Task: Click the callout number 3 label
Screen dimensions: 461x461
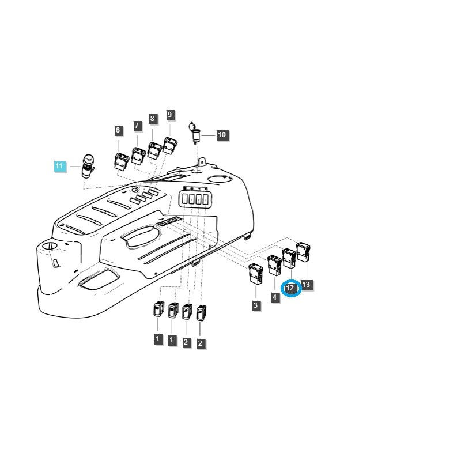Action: click(256, 306)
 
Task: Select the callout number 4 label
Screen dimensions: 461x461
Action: click(275, 297)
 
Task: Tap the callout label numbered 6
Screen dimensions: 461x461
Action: click(118, 131)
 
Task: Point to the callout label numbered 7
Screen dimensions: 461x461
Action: click(137, 126)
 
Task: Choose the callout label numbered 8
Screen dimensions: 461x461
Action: click(152, 119)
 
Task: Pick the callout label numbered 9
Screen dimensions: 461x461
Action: click(169, 115)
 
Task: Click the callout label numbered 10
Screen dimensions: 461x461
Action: click(222, 135)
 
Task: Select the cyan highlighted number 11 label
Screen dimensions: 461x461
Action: click(59, 167)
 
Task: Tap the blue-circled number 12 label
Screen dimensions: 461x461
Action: click(290, 288)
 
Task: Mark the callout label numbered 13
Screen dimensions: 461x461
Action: click(306, 285)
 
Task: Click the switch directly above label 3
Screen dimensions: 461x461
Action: click(255, 273)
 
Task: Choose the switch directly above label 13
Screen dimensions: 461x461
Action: click(303, 252)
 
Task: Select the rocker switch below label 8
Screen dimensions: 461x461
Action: click(154, 149)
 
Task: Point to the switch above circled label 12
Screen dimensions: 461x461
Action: click(289, 258)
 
